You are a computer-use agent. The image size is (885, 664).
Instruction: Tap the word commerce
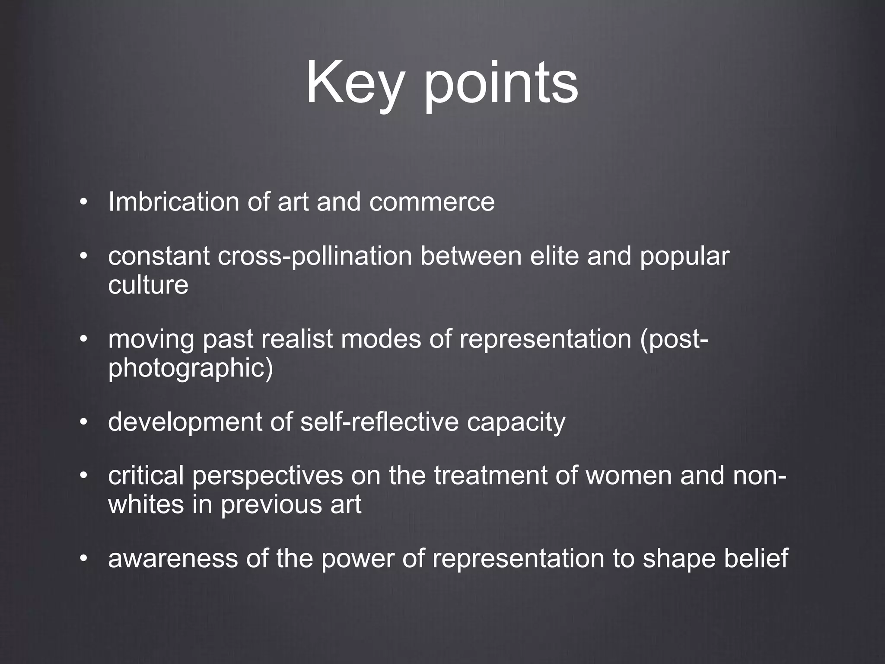point(432,202)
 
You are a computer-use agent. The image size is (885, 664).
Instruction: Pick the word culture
point(148,285)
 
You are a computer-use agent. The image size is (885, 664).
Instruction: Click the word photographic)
point(191,368)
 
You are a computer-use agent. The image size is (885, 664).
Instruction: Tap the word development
point(185,422)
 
